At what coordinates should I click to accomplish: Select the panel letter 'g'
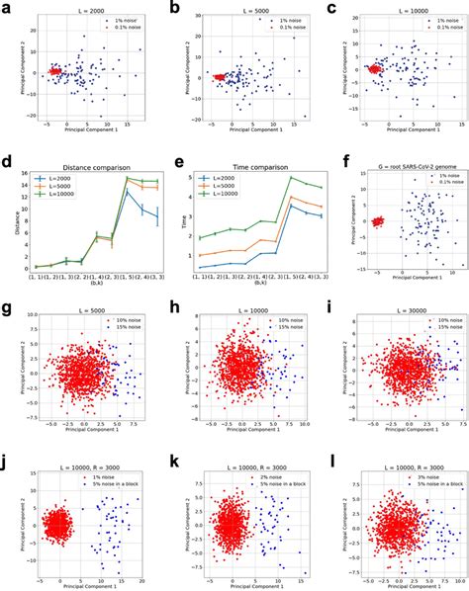coord(8,306)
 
